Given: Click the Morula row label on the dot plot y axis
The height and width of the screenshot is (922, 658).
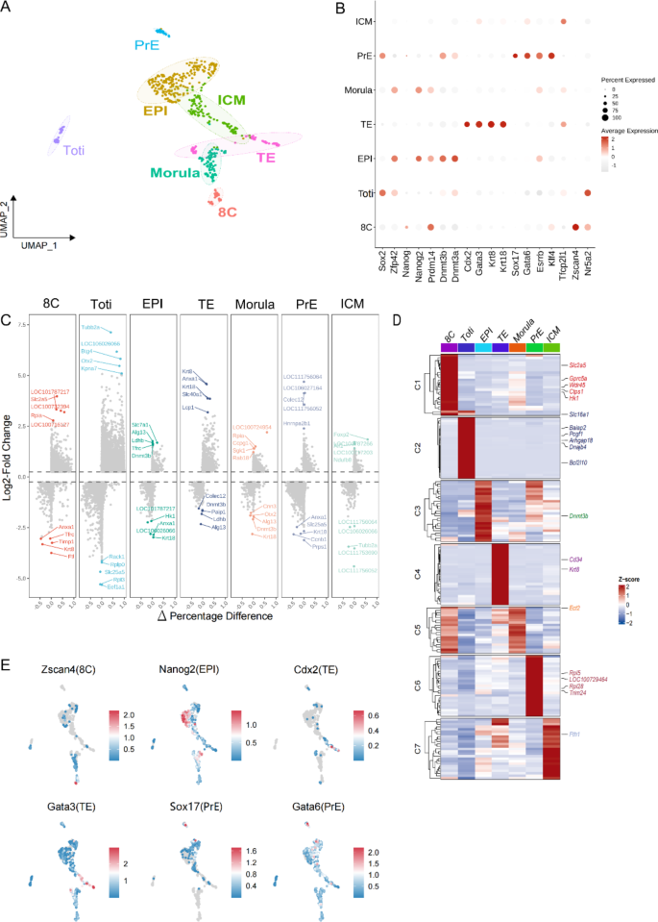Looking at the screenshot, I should click(x=353, y=89).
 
